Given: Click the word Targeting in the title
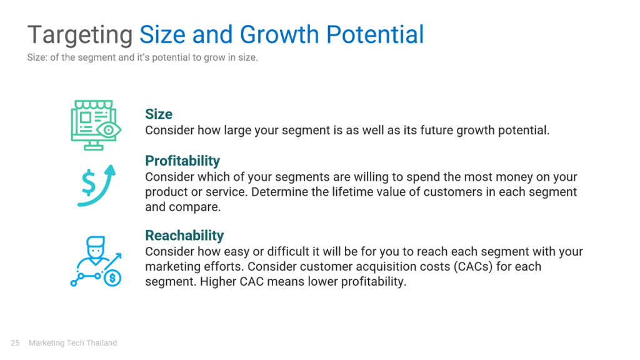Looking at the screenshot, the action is point(80,36).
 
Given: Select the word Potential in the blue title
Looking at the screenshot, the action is point(375,34).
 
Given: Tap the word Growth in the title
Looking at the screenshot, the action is point(279,34).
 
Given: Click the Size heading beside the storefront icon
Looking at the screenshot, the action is point(159,114).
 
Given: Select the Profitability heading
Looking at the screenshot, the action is point(182,161).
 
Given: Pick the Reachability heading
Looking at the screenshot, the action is point(184,236).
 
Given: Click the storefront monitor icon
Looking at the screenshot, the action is point(96,125).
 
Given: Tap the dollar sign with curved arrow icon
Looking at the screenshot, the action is point(97,186).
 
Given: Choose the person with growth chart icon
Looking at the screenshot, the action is point(96,261).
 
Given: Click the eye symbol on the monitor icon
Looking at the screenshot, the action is point(109,130).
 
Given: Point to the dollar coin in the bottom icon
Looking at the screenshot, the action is point(112,278).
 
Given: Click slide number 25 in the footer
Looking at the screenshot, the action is point(15,343).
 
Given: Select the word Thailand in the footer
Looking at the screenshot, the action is point(102,343).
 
